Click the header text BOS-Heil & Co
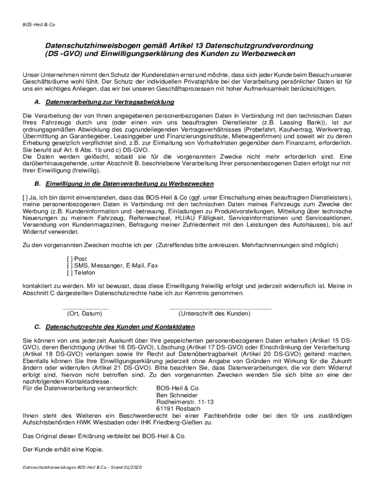point(38,24)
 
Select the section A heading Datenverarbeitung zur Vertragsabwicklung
point(110,103)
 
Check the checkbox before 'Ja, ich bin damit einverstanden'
point(26,197)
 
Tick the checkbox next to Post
point(70,259)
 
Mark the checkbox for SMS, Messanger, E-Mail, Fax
point(70,266)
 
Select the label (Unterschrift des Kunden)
point(214,314)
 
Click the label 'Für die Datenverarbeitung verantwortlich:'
point(80,388)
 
